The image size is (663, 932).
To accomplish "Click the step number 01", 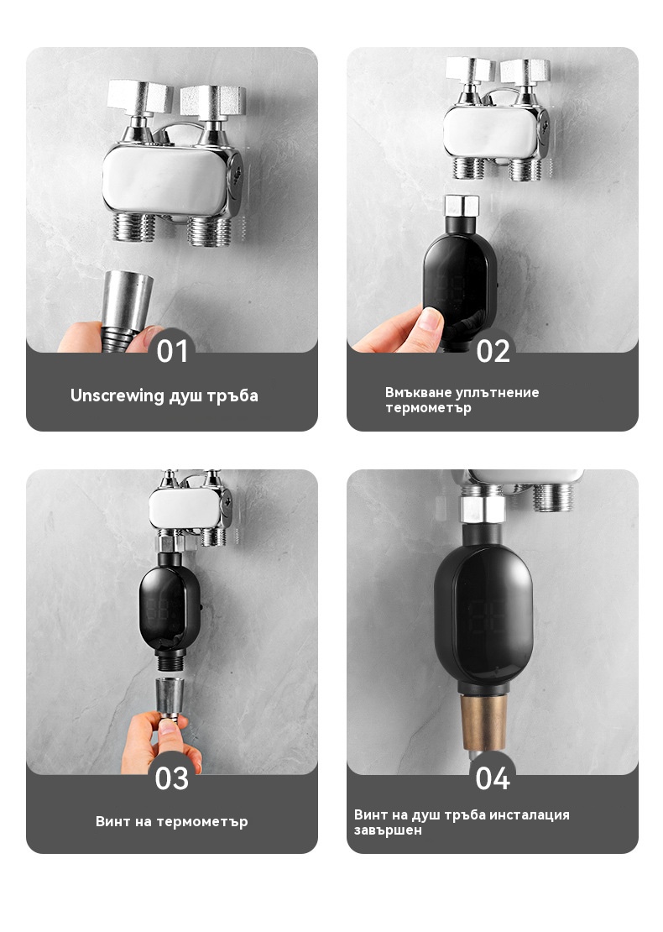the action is (172, 351).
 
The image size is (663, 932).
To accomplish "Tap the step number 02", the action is (493, 351).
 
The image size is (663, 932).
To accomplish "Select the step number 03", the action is (172, 778).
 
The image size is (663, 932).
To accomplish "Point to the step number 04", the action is (493, 778).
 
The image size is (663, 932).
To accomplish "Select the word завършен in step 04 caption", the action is (388, 830).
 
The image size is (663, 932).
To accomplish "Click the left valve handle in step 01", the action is (140, 99).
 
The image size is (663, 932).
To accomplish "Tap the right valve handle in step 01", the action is (212, 101).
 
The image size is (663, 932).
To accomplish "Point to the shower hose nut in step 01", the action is (127, 302).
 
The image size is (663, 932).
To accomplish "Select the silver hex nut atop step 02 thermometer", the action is (462, 206).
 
